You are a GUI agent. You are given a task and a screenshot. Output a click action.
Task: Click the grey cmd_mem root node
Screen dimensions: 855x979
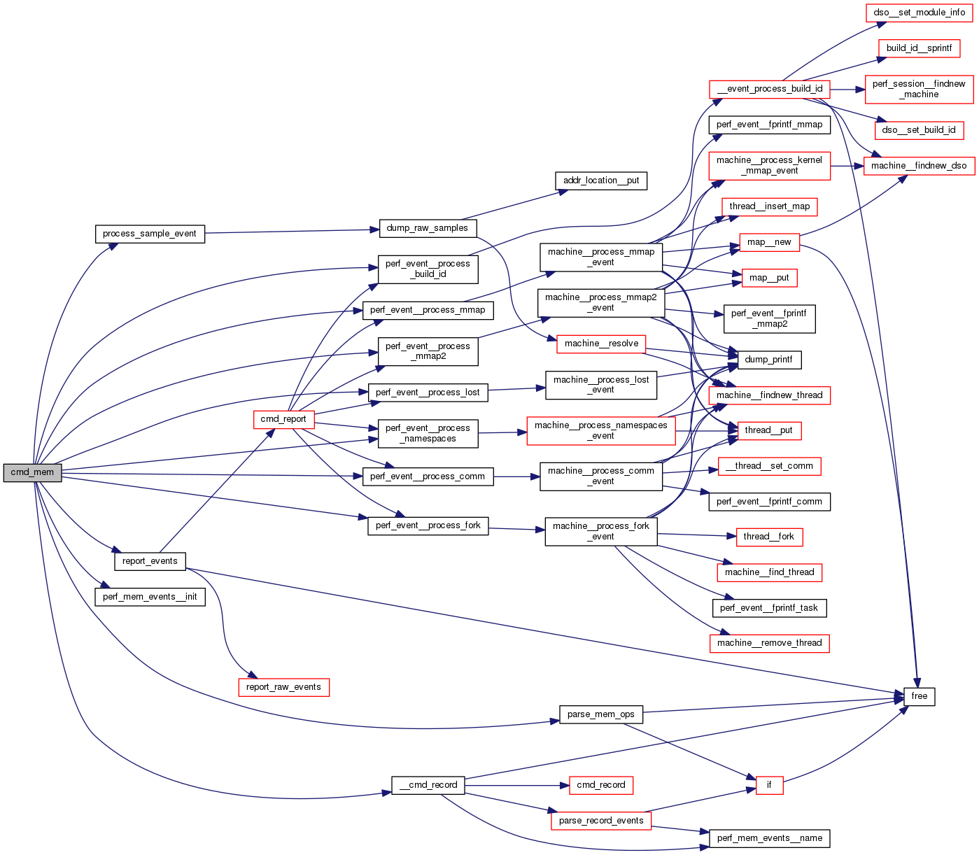click(32, 472)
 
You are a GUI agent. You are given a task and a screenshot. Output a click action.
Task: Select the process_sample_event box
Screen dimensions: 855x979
click(150, 234)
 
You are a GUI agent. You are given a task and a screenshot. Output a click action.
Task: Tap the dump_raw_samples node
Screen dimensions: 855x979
click(427, 228)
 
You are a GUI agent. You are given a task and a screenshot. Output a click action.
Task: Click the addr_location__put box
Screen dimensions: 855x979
click(601, 181)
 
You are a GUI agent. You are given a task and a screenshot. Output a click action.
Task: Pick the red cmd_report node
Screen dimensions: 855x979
click(283, 419)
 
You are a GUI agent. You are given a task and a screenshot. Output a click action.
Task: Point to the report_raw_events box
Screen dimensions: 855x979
click(283, 687)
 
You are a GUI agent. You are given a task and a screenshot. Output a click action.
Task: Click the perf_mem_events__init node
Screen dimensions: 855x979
click(150, 597)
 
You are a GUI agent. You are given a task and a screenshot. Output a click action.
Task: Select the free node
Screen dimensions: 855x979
click(920, 696)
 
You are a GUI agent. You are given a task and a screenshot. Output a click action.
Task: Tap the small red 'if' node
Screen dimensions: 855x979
click(769, 785)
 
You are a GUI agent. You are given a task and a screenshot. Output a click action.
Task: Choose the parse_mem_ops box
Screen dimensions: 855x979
click(601, 714)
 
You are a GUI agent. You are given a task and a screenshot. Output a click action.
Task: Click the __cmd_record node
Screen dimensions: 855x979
click(428, 785)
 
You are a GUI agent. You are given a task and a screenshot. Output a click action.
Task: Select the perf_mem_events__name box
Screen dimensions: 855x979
click(770, 838)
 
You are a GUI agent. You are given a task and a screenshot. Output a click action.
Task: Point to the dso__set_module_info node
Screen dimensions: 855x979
click(920, 13)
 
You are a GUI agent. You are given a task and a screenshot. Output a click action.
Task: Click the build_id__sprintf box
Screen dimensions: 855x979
click(920, 48)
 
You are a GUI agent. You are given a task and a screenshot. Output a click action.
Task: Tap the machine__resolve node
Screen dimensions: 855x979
click(602, 344)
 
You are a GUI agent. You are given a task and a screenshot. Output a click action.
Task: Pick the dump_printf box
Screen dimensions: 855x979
click(769, 360)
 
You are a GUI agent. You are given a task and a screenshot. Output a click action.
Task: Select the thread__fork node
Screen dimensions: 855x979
click(769, 537)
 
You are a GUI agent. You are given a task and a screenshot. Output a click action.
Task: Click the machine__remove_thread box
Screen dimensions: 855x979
click(770, 643)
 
